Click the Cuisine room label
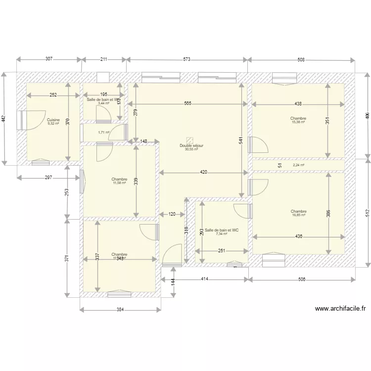[x=53, y=120]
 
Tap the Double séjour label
[x=191, y=146]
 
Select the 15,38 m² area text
[x=298, y=122]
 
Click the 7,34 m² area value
[x=222, y=234]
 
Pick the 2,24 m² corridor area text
[x=298, y=165]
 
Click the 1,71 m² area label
[x=103, y=132]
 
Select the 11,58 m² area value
[x=119, y=183]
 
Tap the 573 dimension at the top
[x=186, y=59]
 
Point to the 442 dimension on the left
[x=3, y=119]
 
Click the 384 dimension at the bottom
[x=120, y=310]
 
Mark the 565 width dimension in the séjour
[x=188, y=104]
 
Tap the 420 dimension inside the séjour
[x=203, y=172]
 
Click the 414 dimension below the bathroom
[x=204, y=279]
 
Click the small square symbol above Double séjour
[x=189, y=140]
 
